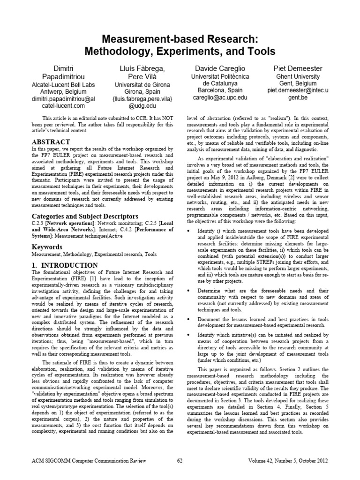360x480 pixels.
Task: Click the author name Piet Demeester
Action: tap(297, 68)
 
